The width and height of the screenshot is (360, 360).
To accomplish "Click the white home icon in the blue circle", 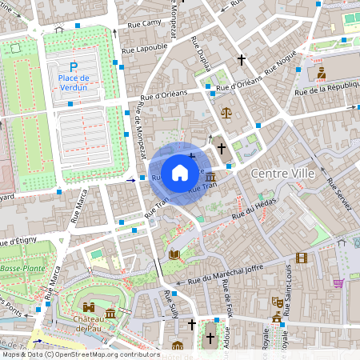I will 180,172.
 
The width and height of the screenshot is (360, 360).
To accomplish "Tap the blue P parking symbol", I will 74,66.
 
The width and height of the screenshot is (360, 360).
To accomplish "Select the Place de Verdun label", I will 74,82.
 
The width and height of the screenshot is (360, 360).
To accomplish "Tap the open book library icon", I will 174,254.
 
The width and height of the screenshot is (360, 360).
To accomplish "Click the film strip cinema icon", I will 301,258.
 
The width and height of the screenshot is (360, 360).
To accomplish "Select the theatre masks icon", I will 276,302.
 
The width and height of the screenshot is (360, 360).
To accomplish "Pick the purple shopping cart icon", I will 338,282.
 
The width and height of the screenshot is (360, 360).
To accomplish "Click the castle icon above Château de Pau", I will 89,307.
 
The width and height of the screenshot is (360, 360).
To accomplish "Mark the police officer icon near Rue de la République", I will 321,73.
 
